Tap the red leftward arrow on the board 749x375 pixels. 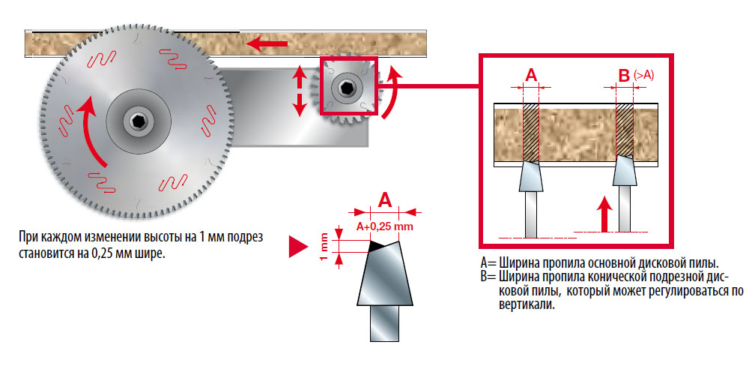click(267, 44)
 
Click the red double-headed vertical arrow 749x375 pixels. click(300, 91)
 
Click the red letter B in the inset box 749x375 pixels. click(623, 75)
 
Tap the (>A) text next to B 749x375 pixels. click(644, 74)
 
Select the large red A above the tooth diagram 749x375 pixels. click(385, 199)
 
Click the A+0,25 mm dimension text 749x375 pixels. click(385, 226)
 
